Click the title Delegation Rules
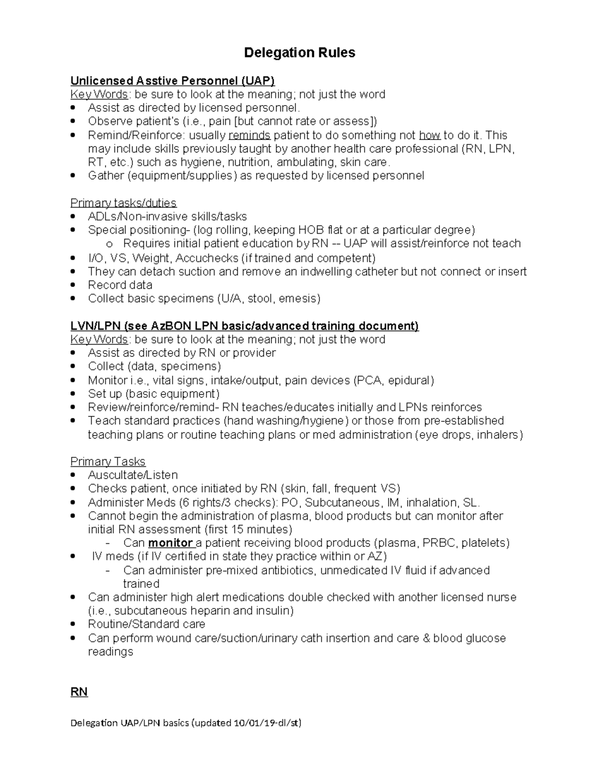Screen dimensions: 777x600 (299, 53)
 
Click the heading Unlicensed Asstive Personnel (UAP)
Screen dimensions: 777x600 (172, 81)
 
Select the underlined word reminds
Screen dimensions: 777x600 (249, 135)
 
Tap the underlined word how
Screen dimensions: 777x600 (429, 135)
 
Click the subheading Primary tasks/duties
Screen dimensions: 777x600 (123, 203)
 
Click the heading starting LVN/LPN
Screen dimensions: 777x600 (244, 326)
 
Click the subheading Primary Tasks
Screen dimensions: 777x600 (108, 461)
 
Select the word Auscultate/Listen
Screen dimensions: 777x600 (133, 475)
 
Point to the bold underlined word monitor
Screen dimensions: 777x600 (170, 543)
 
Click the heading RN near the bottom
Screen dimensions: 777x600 (79, 692)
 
